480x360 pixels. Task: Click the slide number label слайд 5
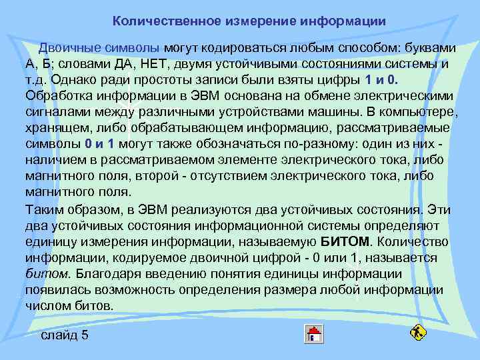coord(65,335)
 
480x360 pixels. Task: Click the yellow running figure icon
coord(419,331)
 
